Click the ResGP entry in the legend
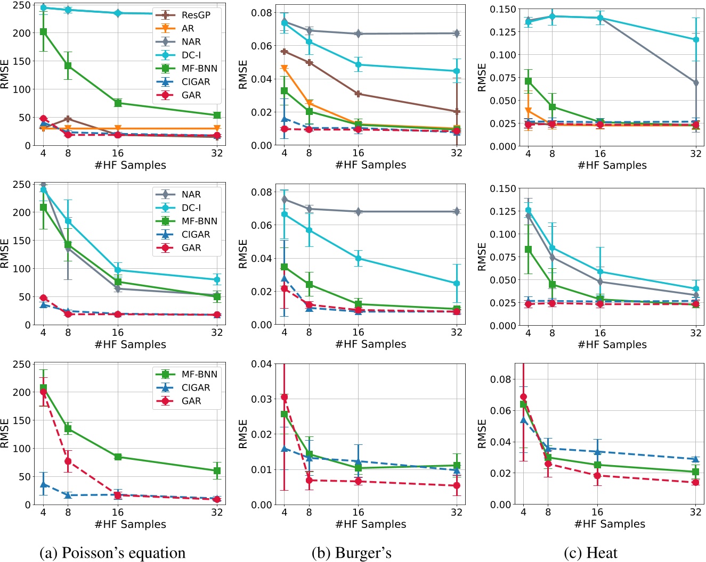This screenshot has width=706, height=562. click(x=196, y=15)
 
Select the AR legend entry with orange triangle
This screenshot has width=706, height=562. click(x=188, y=29)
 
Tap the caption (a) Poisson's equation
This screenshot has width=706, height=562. click(x=112, y=552)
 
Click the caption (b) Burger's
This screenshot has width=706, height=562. click(x=351, y=552)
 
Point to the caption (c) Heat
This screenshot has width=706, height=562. click(x=590, y=552)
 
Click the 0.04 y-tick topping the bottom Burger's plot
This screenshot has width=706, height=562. click(x=265, y=364)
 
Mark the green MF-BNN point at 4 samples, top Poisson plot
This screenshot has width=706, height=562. click(x=44, y=32)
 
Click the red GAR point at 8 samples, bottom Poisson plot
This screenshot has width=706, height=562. click(x=68, y=461)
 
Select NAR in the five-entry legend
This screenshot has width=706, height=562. click(x=191, y=195)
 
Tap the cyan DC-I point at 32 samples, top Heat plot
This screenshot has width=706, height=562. click(x=696, y=39)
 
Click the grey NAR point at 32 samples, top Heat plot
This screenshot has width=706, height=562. click(x=696, y=82)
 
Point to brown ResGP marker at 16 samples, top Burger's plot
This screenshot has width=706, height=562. click(x=358, y=94)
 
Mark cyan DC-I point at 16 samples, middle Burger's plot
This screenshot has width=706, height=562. click(x=358, y=259)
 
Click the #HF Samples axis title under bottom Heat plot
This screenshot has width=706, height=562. click(x=610, y=524)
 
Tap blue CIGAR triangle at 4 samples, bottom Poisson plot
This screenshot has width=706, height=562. click(x=44, y=484)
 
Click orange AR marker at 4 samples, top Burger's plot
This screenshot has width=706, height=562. click(x=285, y=68)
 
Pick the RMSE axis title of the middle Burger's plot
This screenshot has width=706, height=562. click(x=244, y=254)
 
